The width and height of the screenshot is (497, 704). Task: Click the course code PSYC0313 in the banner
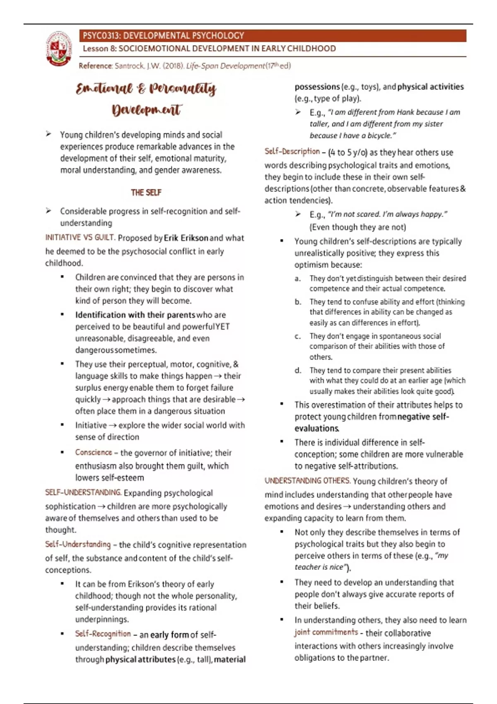coord(101,36)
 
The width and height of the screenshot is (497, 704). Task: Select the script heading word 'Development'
coord(146,110)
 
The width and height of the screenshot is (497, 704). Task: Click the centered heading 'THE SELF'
coord(146,193)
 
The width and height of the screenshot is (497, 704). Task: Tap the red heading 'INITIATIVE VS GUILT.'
coord(80,238)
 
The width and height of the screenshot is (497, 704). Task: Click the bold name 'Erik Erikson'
coord(186,238)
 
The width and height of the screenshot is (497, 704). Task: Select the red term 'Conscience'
coord(94,453)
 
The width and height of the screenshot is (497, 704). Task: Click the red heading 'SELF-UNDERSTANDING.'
coord(83,493)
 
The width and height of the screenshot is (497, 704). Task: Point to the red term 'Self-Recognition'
coord(103,634)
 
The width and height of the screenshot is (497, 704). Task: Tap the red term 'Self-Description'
coord(292,152)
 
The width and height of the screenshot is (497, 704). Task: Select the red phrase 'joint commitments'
coord(326,632)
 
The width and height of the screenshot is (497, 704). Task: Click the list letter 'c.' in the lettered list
coord(298,336)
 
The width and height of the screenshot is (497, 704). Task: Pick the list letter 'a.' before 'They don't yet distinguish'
coord(298,279)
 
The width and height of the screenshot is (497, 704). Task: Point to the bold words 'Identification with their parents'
coord(135,315)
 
